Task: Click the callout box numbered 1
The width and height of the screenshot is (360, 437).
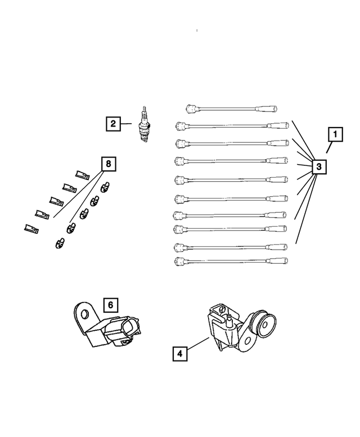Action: pyautogui.click(x=335, y=135)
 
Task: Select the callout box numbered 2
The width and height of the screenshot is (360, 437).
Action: pyautogui.click(x=113, y=123)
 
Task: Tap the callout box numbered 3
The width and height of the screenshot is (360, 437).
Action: pyautogui.click(x=318, y=167)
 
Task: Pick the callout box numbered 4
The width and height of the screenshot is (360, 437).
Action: pyautogui.click(x=179, y=354)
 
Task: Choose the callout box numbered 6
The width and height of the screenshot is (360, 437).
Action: pyautogui.click(x=110, y=305)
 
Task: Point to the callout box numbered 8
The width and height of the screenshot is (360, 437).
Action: pyautogui.click(x=109, y=164)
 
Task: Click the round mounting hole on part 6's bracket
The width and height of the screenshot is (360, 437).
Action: pyautogui.click(x=85, y=313)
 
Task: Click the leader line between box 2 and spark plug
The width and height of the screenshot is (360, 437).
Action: pyautogui.click(x=128, y=124)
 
